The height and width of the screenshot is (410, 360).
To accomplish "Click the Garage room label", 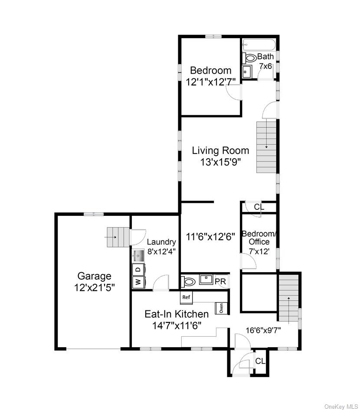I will point(94,276).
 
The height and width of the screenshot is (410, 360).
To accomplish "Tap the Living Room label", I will point(221,150).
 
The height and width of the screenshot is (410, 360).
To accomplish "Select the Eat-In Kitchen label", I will point(177,314).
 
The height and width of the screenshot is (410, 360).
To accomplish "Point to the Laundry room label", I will point(161,242).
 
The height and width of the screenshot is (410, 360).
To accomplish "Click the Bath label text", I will point(265,57).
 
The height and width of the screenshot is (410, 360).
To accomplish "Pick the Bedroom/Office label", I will point(259,238).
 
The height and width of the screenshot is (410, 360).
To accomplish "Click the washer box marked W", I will point(138,282).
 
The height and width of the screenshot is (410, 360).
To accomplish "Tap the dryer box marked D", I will point(138,269).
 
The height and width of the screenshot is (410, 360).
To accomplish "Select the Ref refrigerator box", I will point(186,297).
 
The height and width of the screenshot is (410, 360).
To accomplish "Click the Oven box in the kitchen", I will point(222,308).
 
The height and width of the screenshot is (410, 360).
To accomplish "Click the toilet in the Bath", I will point(251,57).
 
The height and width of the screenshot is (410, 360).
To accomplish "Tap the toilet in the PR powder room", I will point(189,282).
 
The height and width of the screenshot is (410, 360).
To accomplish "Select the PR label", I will point(220,282).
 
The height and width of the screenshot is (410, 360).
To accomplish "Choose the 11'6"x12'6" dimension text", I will point(210,237).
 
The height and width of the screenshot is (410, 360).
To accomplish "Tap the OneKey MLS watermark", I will point(340,406).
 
